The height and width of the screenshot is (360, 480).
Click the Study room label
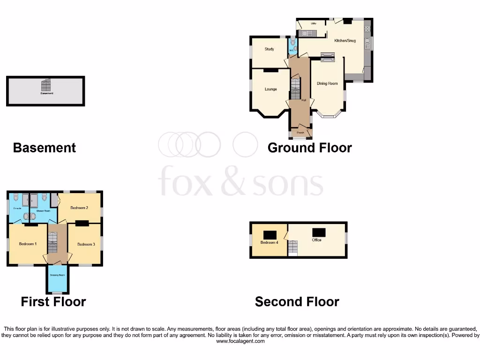click(269, 49)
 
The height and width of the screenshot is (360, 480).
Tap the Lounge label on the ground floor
click(270, 89)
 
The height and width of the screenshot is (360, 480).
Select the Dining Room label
click(327, 83)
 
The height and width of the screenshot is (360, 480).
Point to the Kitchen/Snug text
click(345, 41)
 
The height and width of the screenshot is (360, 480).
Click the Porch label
click(300, 133)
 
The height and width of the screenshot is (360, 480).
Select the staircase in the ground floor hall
click(295, 88)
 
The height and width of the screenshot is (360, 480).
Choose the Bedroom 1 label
click(27, 244)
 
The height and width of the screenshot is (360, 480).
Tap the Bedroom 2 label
click(79, 207)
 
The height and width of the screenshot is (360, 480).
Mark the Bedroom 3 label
click(86, 244)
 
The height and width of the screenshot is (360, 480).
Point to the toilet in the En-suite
click(16, 197)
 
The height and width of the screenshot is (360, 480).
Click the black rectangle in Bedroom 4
click(270, 235)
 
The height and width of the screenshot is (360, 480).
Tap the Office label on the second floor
click(316, 240)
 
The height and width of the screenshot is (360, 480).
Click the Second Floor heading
click(297, 302)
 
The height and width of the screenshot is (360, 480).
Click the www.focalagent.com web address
click(240, 341)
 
